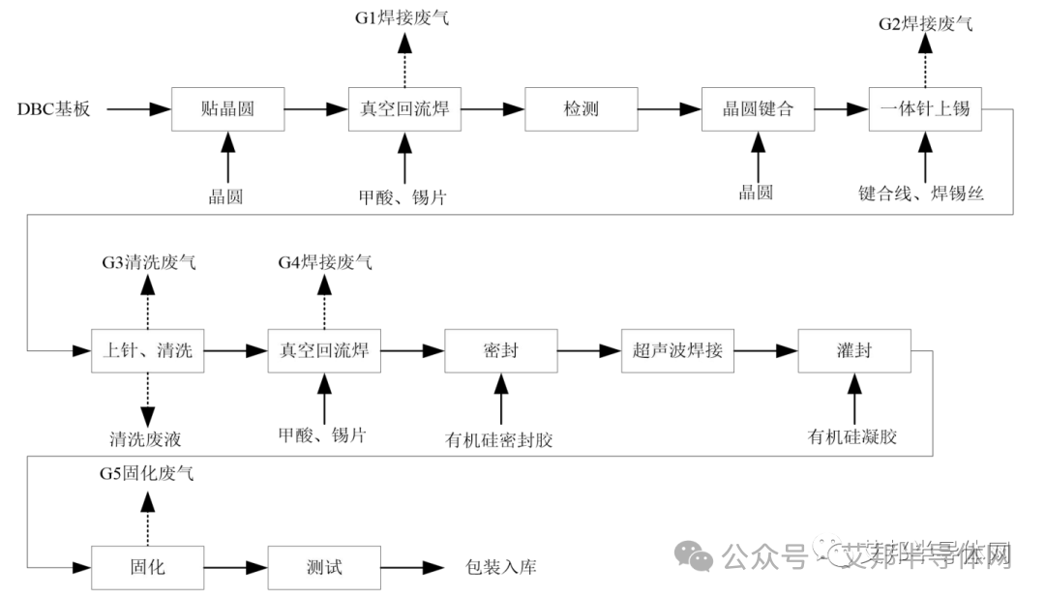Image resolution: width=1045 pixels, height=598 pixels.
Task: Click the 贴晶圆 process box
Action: tap(227, 108)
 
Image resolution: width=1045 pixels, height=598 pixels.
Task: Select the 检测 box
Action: tap(582, 108)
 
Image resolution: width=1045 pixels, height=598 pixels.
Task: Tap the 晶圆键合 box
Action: tap(758, 108)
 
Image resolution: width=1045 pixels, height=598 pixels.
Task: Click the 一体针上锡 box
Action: tap(925, 108)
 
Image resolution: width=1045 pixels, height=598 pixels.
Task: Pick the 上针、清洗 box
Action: tap(148, 350)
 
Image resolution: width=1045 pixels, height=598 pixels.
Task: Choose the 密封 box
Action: tap(500, 350)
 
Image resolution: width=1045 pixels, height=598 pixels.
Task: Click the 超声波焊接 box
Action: tap(677, 350)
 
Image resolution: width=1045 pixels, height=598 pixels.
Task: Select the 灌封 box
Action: tap(854, 350)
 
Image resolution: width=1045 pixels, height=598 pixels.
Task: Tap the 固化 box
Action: tap(148, 567)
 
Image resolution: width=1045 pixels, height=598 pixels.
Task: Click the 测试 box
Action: tap(324, 567)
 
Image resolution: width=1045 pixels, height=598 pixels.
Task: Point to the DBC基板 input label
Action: tap(54, 109)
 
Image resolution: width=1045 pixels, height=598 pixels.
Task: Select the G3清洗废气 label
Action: tap(148, 262)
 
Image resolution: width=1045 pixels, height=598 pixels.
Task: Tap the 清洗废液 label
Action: tap(146, 438)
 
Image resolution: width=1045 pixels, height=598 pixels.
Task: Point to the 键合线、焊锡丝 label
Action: tap(921, 193)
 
